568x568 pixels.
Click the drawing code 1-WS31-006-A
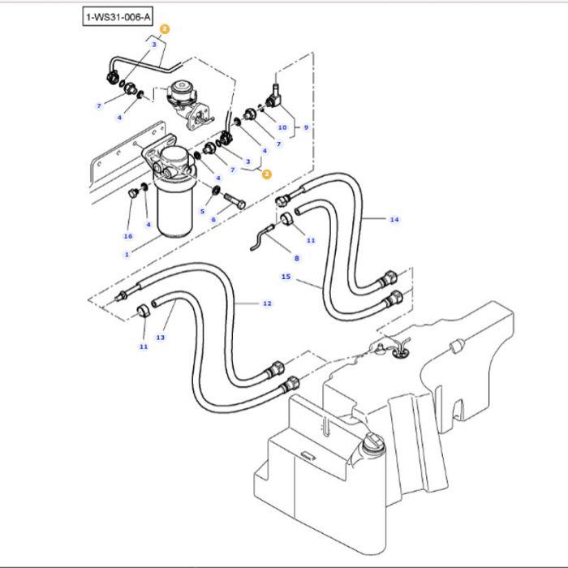click(x=118, y=15)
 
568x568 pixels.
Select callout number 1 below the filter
click(x=127, y=254)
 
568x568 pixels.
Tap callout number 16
click(x=127, y=236)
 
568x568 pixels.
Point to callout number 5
click(x=203, y=211)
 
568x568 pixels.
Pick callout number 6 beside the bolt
click(x=213, y=220)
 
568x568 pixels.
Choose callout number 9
click(x=306, y=127)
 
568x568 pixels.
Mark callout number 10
click(x=282, y=127)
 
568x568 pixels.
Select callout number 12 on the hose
click(x=267, y=303)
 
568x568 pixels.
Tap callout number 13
click(x=160, y=337)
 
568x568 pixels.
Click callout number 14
click(x=394, y=220)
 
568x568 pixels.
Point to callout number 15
click(x=286, y=277)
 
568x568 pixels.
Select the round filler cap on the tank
click(x=374, y=443)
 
